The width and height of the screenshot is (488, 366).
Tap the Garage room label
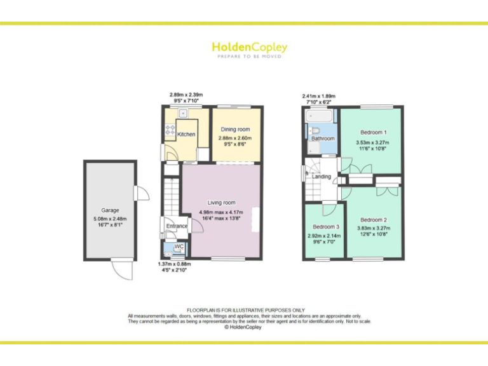click(x=110, y=210)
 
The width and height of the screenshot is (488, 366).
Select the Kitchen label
click(x=186, y=134)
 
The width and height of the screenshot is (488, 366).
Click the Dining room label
click(x=236, y=130)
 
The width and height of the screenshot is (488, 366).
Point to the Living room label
click(x=221, y=203)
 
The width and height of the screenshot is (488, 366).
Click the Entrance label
click(x=177, y=226)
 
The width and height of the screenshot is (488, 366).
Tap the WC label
click(x=179, y=246)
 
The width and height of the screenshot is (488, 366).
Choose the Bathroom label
click(x=323, y=138)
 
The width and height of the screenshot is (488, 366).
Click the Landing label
click(x=322, y=176)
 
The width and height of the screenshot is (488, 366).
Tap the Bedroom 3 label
click(x=325, y=227)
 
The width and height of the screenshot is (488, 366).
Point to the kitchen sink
click(x=182, y=114)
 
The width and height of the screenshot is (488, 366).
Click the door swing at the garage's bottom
click(x=121, y=269)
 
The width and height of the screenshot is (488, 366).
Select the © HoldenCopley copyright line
click(x=243, y=327)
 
